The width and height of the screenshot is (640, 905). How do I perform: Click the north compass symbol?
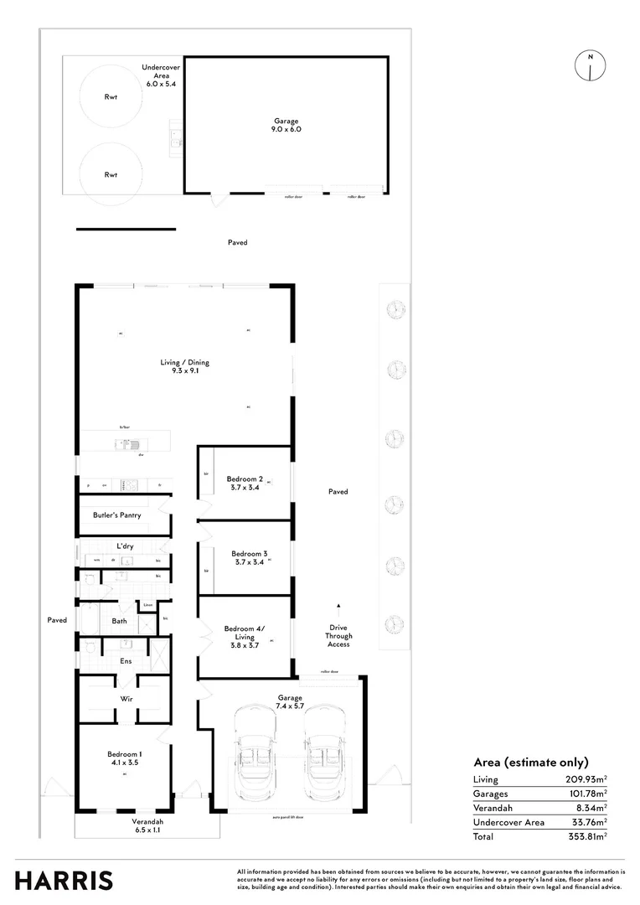point(591,65)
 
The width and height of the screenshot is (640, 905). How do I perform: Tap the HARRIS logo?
point(65,880)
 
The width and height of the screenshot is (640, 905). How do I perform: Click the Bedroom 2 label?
point(245,479)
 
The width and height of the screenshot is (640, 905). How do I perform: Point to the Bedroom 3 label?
point(249,554)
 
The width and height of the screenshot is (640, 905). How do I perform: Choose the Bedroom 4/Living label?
point(244,633)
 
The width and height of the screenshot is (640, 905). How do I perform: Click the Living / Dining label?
point(185,363)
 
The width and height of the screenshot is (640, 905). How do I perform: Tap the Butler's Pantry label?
point(116,515)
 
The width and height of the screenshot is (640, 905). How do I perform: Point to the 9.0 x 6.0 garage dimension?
point(286,130)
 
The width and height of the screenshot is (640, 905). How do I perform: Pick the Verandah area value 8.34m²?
point(591,808)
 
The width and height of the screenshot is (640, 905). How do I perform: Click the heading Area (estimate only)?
point(531,762)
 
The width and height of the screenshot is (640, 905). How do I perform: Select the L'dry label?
point(125,546)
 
